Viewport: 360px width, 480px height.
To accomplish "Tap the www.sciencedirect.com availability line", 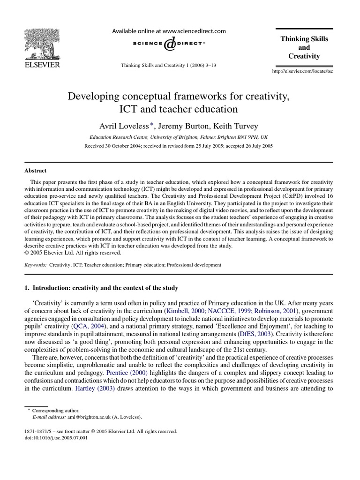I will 168,31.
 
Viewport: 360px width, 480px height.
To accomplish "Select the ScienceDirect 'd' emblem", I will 170,45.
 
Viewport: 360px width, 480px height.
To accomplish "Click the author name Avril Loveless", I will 122,127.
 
